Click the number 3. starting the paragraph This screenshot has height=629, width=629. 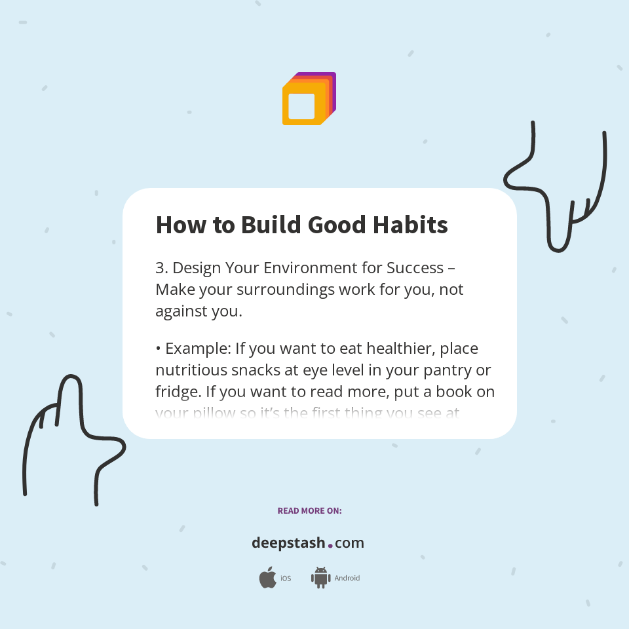pos(162,268)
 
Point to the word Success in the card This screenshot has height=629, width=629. pos(413,268)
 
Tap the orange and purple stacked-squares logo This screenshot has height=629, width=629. pos(309,99)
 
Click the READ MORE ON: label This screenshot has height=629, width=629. pos(309,510)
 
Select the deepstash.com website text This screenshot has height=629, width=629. pos(308,543)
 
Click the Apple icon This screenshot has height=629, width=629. pos(267,578)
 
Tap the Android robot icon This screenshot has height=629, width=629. pos(320,578)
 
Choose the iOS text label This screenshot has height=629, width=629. pos(286,579)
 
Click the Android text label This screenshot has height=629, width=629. pos(347,579)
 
